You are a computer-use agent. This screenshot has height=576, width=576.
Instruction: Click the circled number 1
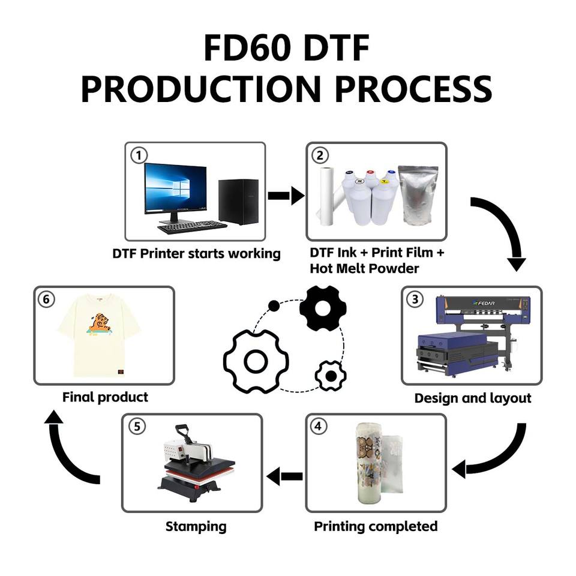pos(139,155)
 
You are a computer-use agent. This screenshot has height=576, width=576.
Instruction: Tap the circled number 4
pos(318,426)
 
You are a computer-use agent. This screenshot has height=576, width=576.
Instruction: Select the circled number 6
pos(46,299)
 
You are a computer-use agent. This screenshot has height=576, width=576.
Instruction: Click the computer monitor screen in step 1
pos(175,188)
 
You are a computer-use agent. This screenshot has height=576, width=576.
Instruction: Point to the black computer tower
pos(238,202)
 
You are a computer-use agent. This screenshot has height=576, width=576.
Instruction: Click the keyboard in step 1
pos(192,227)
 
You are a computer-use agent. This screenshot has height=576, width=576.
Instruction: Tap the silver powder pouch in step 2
pos(418,195)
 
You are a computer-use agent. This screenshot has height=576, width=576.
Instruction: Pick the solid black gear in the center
pos(323,308)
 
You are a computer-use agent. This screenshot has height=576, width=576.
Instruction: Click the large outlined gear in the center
pos(256,361)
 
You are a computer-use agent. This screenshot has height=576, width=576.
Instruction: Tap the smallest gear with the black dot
pos(331,376)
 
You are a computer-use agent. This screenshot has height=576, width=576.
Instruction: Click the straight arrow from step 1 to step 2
pos(286,196)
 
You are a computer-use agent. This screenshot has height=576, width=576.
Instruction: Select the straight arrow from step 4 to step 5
pos(284,476)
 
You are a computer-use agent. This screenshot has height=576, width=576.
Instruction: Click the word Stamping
pos(196,527)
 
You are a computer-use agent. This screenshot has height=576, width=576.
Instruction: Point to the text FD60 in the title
pos(247,48)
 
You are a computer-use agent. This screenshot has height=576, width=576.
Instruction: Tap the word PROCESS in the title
pos(413,89)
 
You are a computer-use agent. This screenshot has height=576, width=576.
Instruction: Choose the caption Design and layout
pos(473,398)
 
